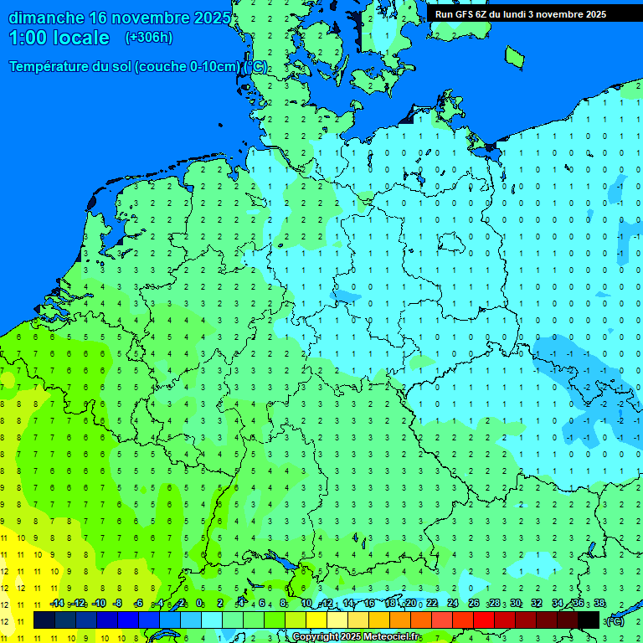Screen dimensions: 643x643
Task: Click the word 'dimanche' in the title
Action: click(45, 18)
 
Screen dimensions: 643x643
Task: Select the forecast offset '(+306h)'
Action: click(148, 38)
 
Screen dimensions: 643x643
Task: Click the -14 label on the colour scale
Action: click(57, 604)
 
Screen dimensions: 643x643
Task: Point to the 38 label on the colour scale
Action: click(599, 604)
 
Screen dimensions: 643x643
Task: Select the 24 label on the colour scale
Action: click(453, 604)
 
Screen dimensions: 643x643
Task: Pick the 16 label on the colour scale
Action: click(369, 604)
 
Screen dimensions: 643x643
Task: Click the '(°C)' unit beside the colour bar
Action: click(615, 620)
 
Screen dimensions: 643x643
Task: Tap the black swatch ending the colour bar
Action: click(589, 620)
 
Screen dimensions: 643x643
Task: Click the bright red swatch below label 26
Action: click(484, 620)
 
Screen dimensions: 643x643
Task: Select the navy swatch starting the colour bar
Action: click(44, 620)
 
